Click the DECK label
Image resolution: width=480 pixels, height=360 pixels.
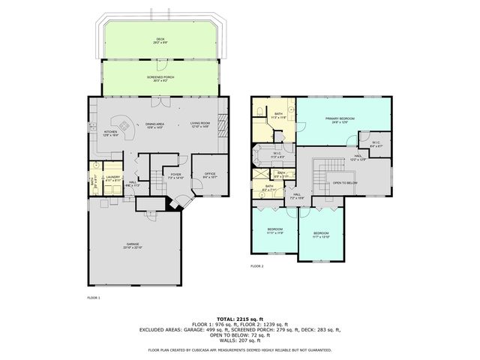pos(160,39)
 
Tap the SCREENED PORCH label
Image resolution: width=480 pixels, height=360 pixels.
pos(160,76)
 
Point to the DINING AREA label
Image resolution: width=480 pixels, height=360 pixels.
pos(155,124)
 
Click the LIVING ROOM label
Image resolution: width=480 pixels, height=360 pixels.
pos(199,124)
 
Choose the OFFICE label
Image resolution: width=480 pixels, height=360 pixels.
pos(210,173)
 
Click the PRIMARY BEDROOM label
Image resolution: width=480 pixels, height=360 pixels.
pos(340,119)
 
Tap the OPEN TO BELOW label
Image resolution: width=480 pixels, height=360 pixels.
pos(344,182)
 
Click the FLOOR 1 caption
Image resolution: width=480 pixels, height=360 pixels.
pos(94,298)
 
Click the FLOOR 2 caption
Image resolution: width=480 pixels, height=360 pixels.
pos(257,265)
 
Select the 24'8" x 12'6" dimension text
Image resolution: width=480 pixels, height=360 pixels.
pos(340,123)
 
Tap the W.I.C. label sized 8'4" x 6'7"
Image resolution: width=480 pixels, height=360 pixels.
pos(375,146)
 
